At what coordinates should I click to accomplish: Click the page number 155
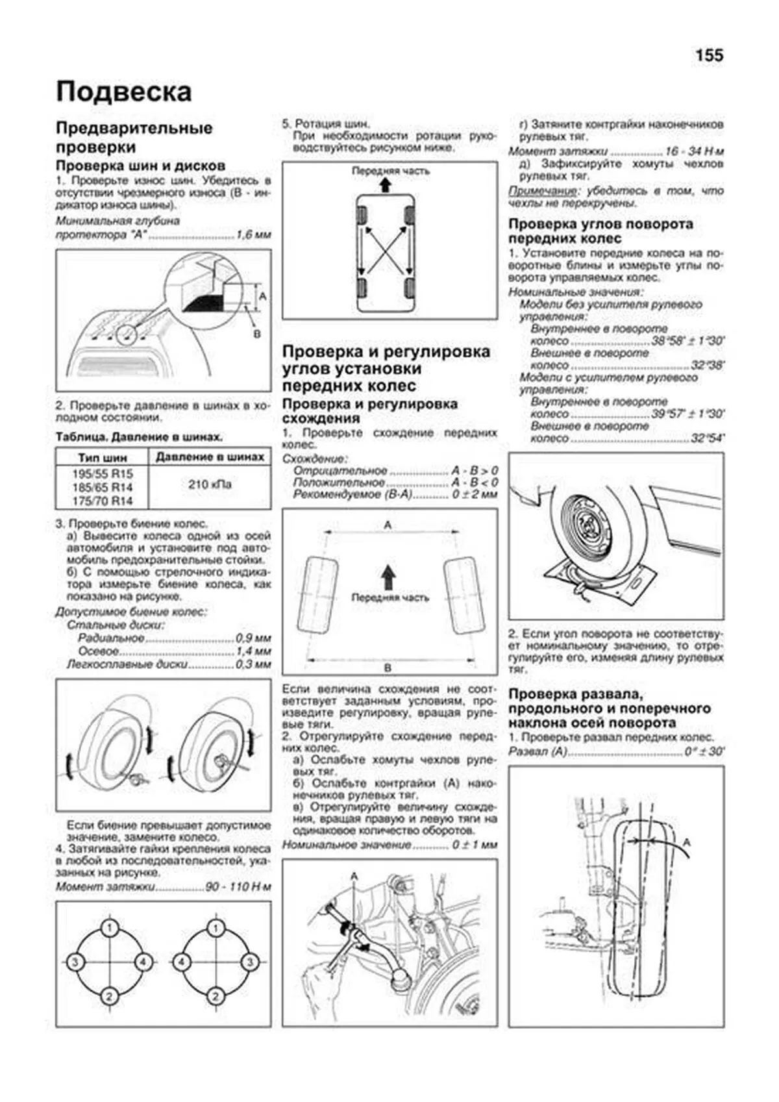pos(709,56)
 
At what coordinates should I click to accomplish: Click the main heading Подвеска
pos(123,92)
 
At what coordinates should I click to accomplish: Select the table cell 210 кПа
pos(210,484)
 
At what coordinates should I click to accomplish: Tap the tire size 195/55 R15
pos(102,473)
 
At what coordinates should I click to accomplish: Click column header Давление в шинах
pos(210,457)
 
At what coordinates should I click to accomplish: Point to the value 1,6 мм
pos(253,235)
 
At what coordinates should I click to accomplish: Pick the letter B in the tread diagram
pos(256,333)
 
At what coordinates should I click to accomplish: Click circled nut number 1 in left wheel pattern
pos(110,927)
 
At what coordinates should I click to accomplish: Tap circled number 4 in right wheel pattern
pos(181,962)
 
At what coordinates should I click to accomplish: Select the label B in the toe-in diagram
pos(388,668)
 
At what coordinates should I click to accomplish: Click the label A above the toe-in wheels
pos(388,524)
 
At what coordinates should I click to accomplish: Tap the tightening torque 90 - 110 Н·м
pos(238,887)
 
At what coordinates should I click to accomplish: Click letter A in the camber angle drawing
pos(687,842)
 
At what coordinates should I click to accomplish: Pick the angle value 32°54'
pos(707,438)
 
